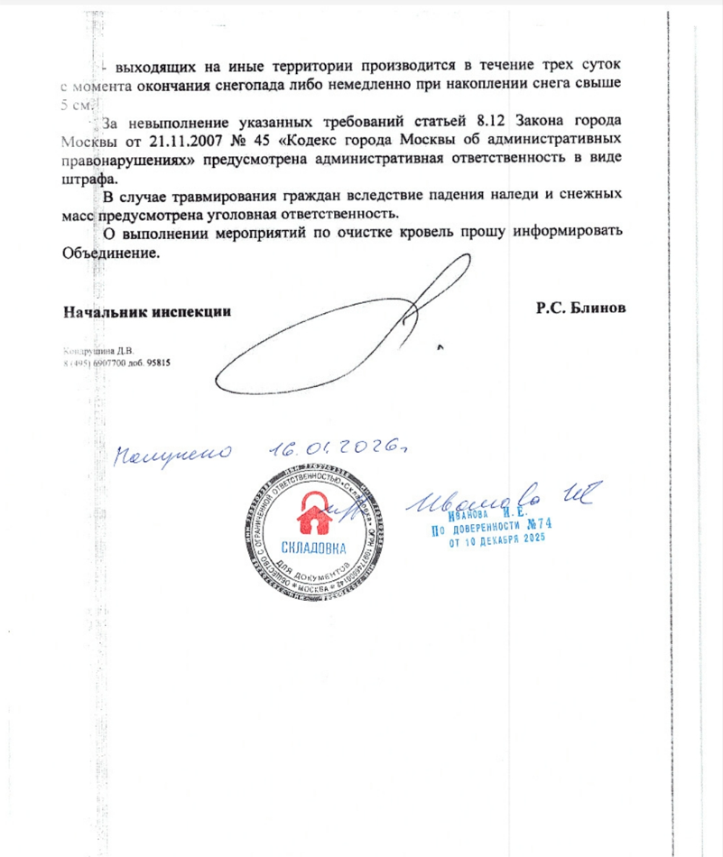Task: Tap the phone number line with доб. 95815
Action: click(116, 363)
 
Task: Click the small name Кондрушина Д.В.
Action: click(97, 351)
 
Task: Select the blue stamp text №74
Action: click(535, 524)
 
